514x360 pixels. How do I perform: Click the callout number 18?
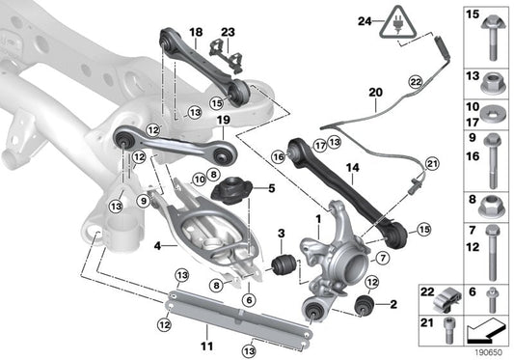coord(197,33)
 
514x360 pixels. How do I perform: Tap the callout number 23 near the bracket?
coord(228,33)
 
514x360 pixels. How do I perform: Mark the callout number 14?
coord(352,167)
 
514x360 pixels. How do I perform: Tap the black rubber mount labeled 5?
coord(231,188)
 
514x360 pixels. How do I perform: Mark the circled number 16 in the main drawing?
coord(278,154)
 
